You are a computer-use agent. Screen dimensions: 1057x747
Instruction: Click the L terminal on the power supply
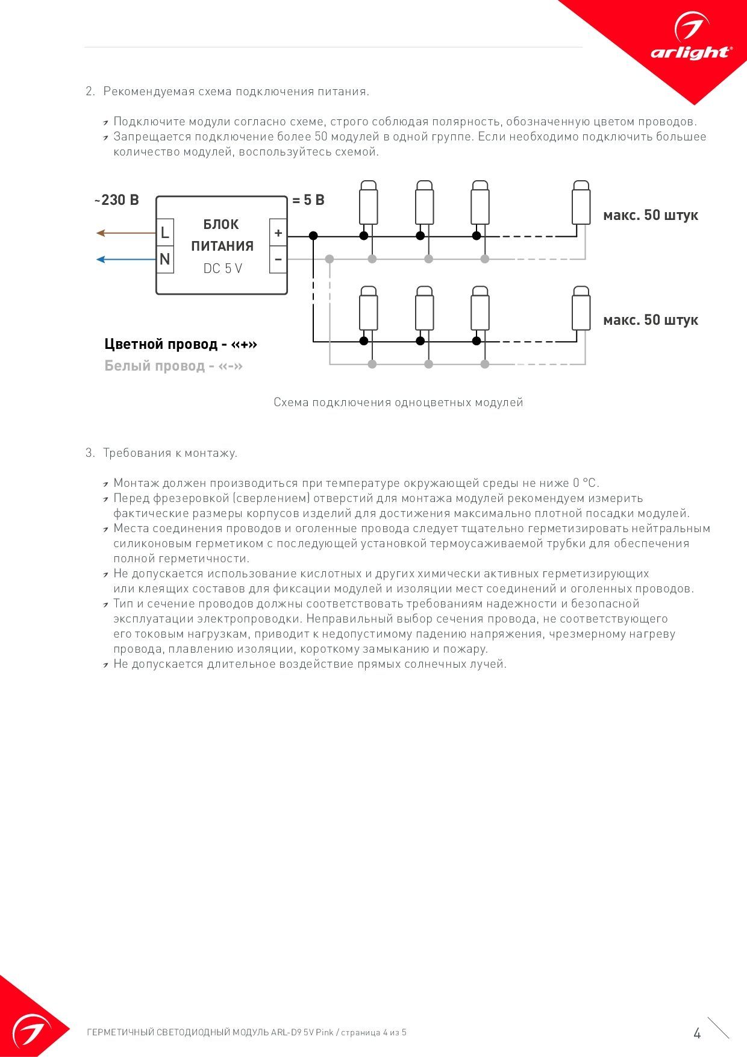tap(165, 233)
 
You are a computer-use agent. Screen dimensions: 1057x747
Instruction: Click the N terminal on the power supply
tap(165, 260)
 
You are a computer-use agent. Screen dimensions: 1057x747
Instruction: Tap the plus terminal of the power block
tap(278, 233)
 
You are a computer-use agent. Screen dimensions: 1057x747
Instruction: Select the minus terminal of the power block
tap(278, 260)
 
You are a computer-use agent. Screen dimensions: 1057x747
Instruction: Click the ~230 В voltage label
tap(116, 200)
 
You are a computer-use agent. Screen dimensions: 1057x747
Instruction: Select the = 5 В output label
tap(308, 200)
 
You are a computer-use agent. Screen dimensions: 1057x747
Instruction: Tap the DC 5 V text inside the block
tap(222, 269)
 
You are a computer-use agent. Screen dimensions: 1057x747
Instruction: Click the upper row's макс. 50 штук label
tap(651, 215)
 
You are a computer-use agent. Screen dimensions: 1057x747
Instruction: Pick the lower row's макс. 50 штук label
tap(651, 320)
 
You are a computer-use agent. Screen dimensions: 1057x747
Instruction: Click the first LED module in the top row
tap(369, 203)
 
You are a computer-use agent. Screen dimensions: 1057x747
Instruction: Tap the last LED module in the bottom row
tap(581, 309)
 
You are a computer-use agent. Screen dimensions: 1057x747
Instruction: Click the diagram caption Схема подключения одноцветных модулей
tap(398, 402)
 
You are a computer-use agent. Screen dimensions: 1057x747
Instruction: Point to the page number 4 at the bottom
tap(698, 1033)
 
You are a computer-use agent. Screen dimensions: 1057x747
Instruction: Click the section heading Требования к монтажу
tap(170, 453)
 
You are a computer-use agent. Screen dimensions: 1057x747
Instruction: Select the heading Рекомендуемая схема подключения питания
tap(236, 91)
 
